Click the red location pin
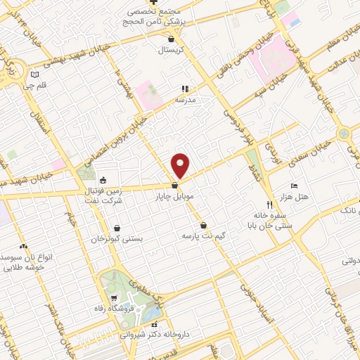(181, 165)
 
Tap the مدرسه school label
(184, 100)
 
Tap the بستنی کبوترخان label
(117, 239)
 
